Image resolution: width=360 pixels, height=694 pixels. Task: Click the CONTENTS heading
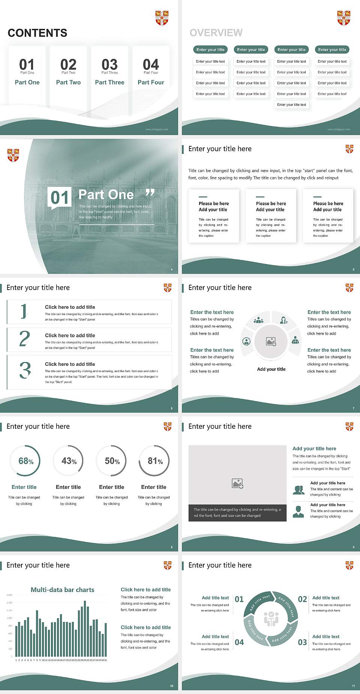pos(37,33)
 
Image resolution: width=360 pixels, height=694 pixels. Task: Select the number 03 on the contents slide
pos(109,65)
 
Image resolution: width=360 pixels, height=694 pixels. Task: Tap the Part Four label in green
pos(151,82)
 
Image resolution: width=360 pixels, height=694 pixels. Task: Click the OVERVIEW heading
pos(216,33)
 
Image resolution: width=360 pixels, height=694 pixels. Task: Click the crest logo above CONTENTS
pos(162,18)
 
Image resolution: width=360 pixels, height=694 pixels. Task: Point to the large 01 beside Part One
pos(60,197)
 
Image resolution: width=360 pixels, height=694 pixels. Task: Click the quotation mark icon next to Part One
pos(150,193)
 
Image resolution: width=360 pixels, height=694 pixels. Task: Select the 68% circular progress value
pos(26,461)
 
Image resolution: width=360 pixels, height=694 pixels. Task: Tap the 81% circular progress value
pos(155,461)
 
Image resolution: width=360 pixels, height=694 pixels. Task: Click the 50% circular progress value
pos(112,461)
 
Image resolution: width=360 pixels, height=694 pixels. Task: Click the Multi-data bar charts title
pos(62,590)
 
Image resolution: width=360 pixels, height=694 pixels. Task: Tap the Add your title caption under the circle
pos(271,369)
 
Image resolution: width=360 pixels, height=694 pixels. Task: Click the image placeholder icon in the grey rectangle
pos(237,484)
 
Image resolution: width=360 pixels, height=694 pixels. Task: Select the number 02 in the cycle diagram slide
pos(302,599)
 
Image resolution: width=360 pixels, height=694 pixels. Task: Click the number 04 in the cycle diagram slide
pos(239,642)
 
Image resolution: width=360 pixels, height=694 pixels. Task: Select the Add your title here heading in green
pos(314,448)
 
